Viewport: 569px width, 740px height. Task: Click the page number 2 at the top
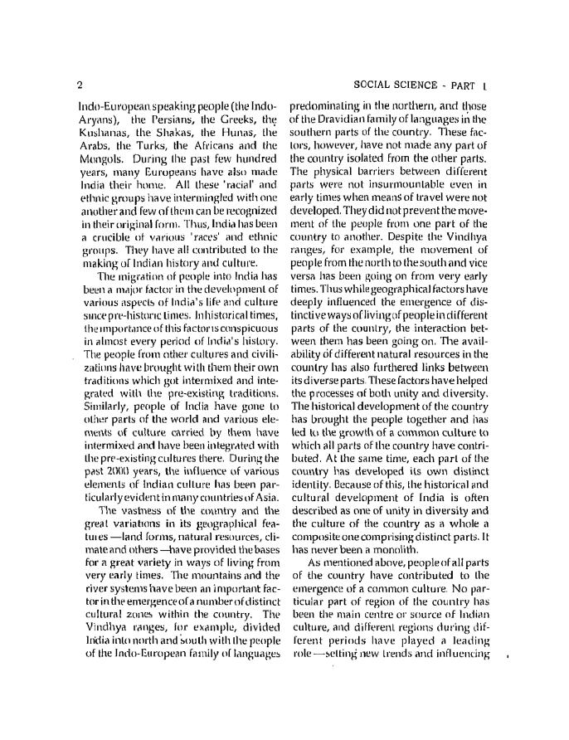(79, 85)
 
